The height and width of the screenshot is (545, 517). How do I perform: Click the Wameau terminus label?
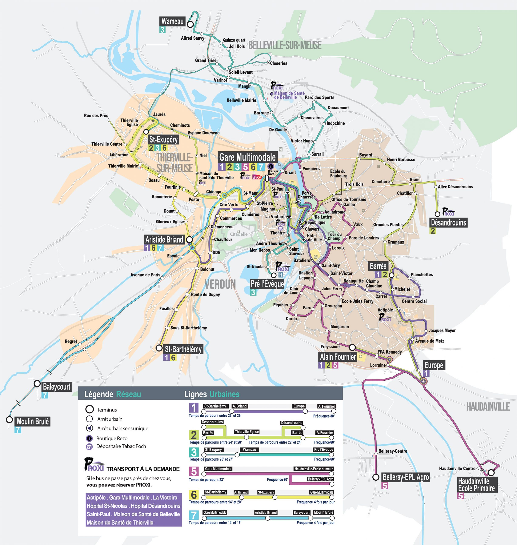pyautogui.click(x=172, y=21)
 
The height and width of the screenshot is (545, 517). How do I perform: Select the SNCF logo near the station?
pyautogui.click(x=257, y=177)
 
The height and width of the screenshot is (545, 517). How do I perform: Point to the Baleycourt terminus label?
pyautogui.click(x=57, y=387)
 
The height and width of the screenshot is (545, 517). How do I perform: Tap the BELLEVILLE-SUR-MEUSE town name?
pyautogui.click(x=285, y=45)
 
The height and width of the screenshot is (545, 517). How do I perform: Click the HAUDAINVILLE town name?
pyautogui.click(x=488, y=407)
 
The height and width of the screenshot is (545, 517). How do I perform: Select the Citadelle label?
pyautogui.click(x=239, y=234)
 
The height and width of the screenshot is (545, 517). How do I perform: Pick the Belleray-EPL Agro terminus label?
pyautogui.click(x=406, y=477)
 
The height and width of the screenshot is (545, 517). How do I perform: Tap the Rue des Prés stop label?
pyautogui.click(x=96, y=116)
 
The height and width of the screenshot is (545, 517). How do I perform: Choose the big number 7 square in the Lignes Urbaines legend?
pyautogui.click(x=194, y=515)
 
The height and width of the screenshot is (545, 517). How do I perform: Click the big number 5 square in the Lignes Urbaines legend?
pyautogui.click(x=194, y=471)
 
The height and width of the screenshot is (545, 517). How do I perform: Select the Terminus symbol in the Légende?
pyautogui.click(x=90, y=409)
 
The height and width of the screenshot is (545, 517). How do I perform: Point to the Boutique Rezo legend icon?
pyautogui.click(x=89, y=438)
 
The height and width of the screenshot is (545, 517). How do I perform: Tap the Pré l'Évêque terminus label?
pyautogui.click(x=267, y=284)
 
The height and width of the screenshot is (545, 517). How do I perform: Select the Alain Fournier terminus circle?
pyautogui.click(x=352, y=347)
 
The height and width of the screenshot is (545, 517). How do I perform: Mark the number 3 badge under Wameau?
pyautogui.click(x=162, y=30)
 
